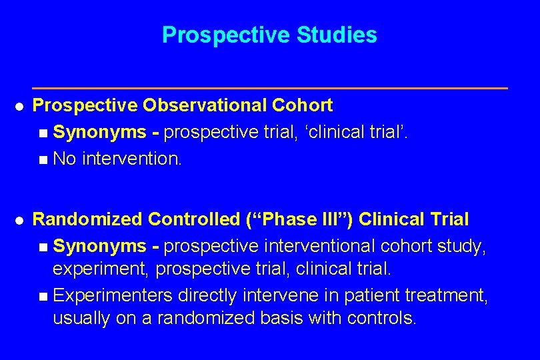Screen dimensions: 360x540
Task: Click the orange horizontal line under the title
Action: pyautogui.click(x=269, y=88)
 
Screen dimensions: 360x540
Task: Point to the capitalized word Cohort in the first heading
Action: pyautogui.click(x=302, y=105)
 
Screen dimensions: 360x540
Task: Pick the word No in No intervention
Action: pyautogui.click(x=65, y=159)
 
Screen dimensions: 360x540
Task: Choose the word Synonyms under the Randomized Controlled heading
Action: pyautogui.click(x=99, y=247)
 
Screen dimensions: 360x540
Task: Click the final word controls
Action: pyautogui.click(x=382, y=318)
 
